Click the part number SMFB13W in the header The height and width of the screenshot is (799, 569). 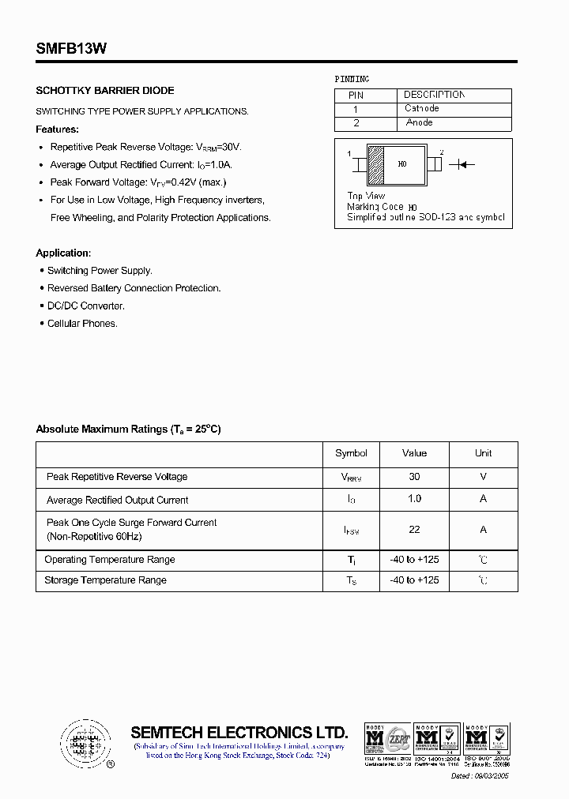point(71,48)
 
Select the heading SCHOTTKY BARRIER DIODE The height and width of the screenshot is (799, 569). point(105,91)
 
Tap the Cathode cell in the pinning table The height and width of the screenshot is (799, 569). point(421,109)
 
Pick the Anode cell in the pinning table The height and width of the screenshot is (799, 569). point(419,123)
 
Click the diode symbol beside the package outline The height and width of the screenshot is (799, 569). point(462,164)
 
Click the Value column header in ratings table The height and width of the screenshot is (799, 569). point(414,453)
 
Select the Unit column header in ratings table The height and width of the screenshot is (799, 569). point(483,453)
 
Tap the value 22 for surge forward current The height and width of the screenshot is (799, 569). point(414,530)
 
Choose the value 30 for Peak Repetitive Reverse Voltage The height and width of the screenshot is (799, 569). point(414,477)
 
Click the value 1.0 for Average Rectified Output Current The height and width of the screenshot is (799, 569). point(414,499)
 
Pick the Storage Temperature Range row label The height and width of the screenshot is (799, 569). point(106,580)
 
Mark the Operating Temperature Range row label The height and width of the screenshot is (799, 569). point(110,560)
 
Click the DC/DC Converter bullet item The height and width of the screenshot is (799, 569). point(86,306)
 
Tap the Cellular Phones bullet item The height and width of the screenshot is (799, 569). point(82,324)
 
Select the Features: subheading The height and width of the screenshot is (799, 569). point(58,129)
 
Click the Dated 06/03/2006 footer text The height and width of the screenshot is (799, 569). point(480,776)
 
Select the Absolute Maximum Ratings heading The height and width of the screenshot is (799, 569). point(128,430)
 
